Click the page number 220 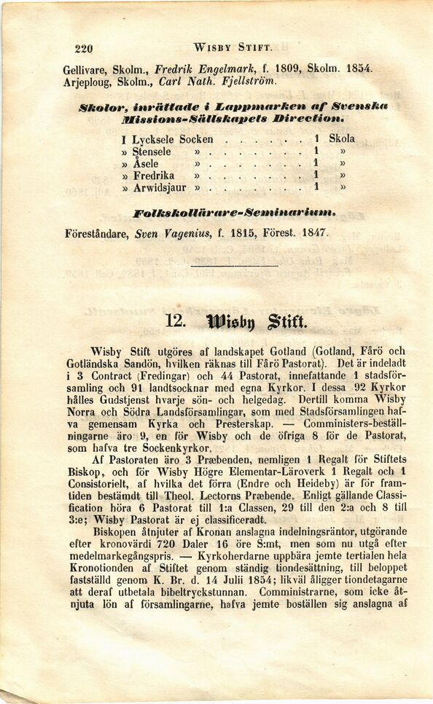[84, 50]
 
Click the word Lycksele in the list [153, 139]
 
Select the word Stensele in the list [152, 152]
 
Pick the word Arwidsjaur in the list [159, 187]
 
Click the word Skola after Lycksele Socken [342, 138]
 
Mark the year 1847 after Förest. [314, 235]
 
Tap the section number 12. [176, 320]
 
